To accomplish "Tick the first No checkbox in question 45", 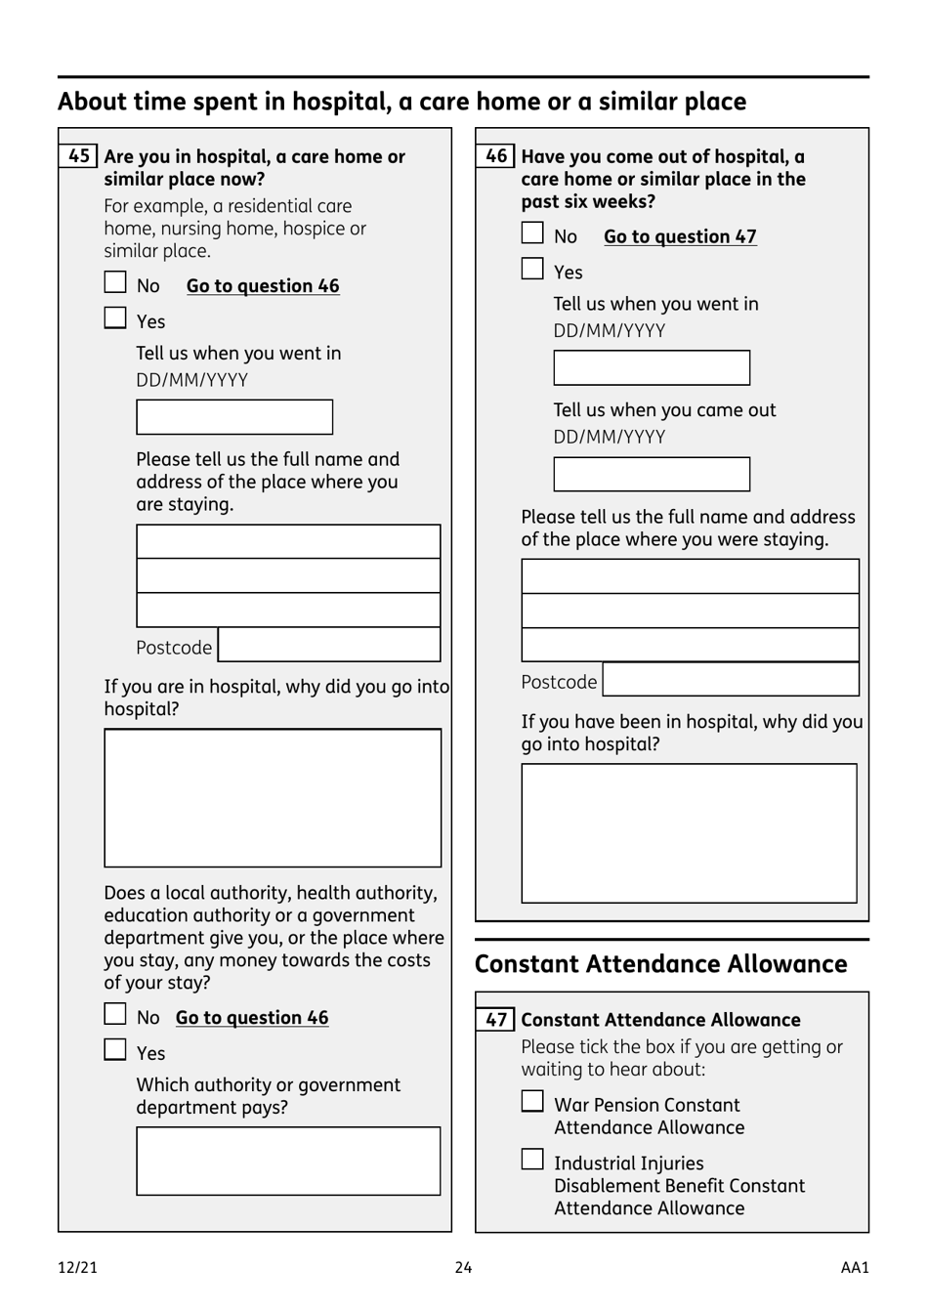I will [x=115, y=283].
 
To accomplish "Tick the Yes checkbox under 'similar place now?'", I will [x=115, y=318].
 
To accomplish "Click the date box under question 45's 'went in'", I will [x=234, y=417].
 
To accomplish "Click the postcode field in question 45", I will [x=329, y=646].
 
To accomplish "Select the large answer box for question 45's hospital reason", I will [x=273, y=798].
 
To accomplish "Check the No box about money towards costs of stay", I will [x=115, y=1015].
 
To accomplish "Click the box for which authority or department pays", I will [x=288, y=1162].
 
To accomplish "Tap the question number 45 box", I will [x=79, y=156].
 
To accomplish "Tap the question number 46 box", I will [x=496, y=156].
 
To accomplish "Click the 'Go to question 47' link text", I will [x=680, y=236].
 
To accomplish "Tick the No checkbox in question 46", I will [x=532, y=233].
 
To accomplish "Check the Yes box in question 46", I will [x=532, y=269].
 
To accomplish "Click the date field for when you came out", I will [x=652, y=475].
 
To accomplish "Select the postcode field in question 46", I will [x=731, y=680].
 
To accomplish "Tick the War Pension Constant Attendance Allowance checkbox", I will [x=532, y=1102].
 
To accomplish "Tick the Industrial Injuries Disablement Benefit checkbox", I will [x=532, y=1160].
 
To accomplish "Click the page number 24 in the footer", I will [x=463, y=1268].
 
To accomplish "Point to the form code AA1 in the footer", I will [x=855, y=1268].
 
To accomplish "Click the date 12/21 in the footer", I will [x=78, y=1268].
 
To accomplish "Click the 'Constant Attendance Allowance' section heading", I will [x=660, y=964].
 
